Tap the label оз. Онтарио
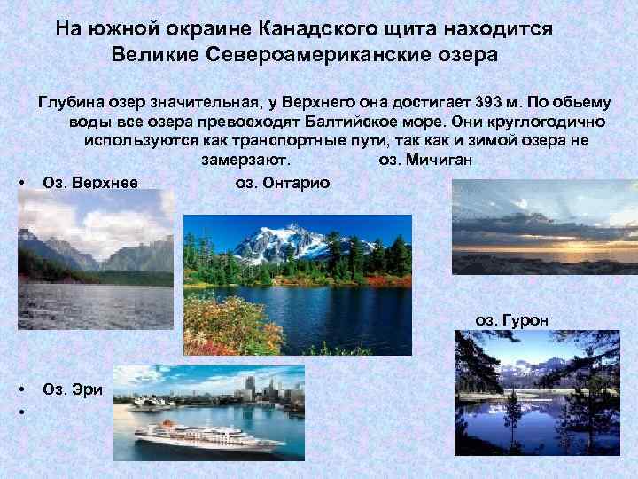pyautogui.click(x=283, y=183)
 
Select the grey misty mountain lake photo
pyautogui.click(x=95, y=257)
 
